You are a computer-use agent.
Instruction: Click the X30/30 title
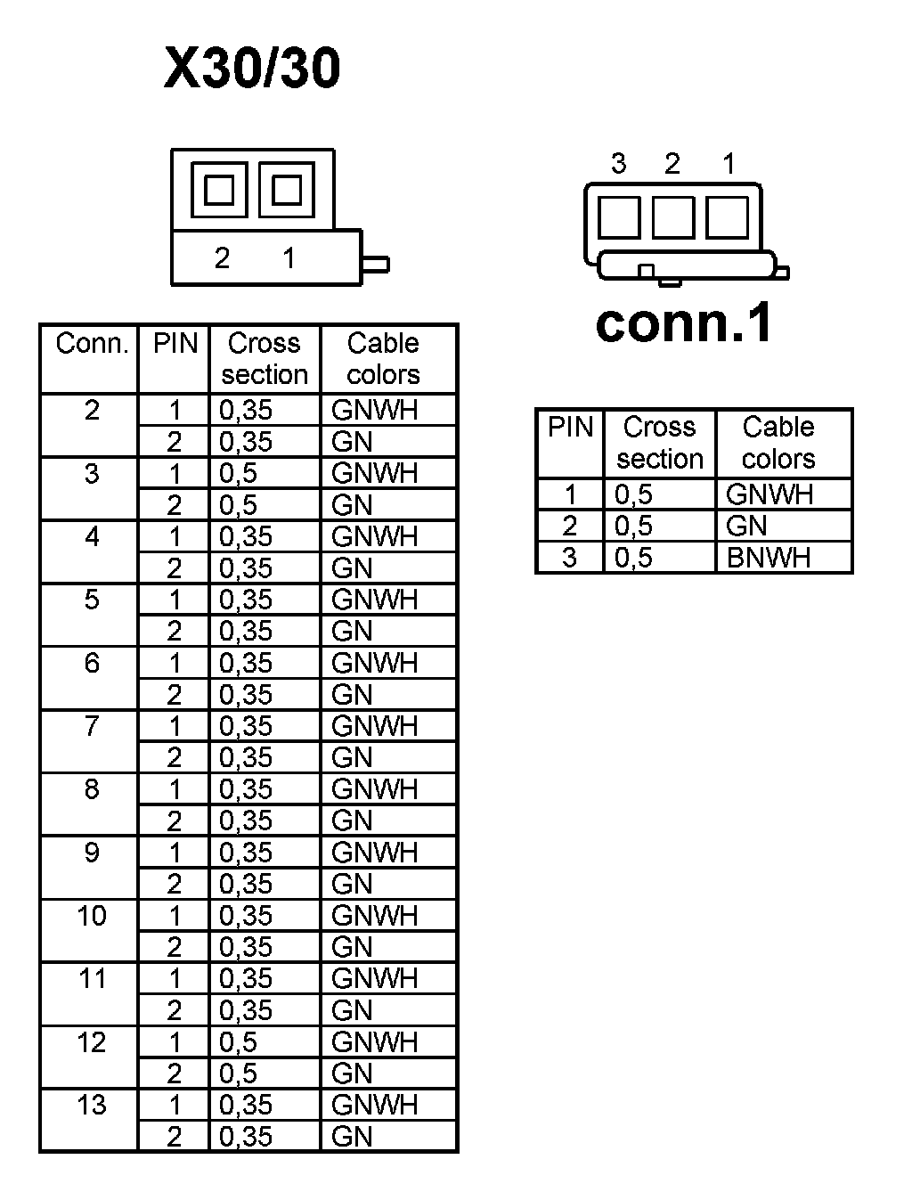pos(252,69)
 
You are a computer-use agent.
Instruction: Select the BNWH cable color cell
pos(769,558)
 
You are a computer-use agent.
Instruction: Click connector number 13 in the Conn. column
pos(92,1106)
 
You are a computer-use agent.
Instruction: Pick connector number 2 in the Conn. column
pos(92,411)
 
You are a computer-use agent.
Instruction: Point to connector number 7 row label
pos(92,726)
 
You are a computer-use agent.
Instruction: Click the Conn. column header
pos(92,344)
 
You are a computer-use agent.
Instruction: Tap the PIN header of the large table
pos(175,344)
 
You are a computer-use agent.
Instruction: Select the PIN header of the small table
pos(570,428)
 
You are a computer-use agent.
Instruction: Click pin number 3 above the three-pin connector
pos(618,164)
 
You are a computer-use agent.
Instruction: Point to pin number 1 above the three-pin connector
pos(729,164)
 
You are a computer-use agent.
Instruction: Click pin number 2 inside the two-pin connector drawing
pos(222,258)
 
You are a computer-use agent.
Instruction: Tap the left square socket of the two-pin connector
pos(219,190)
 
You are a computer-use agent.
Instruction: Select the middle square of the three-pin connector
pos(672,216)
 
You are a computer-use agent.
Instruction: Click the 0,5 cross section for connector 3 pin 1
pos(238,473)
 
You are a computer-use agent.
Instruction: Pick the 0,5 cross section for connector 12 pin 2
pos(238,1074)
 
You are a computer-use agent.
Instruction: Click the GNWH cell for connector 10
pos(374,916)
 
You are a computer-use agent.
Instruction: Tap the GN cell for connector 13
pos(352,1137)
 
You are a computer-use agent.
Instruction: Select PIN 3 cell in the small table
pos(570,558)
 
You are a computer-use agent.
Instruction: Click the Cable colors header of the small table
pos(778,443)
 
